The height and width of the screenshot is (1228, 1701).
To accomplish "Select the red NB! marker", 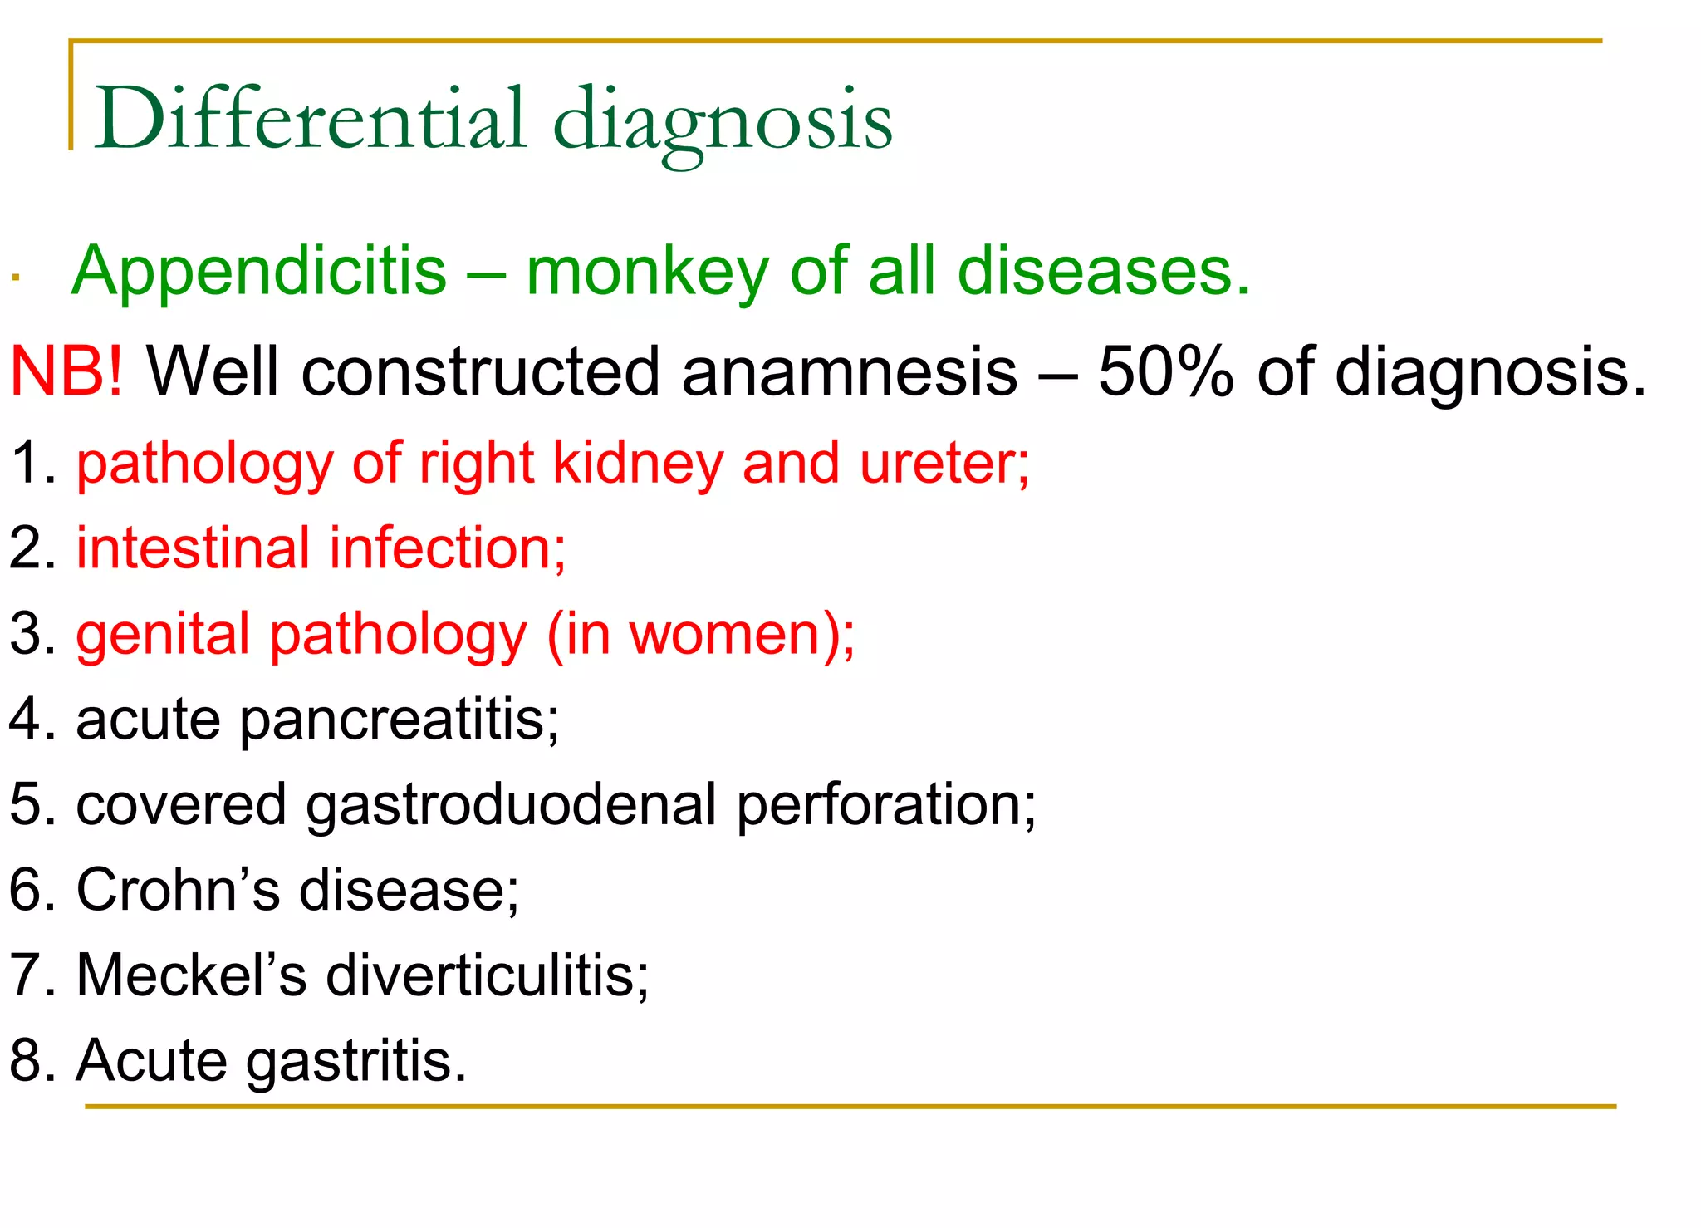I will point(66,371).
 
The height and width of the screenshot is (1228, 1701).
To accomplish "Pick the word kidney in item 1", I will point(638,463).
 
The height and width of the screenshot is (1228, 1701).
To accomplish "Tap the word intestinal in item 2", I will point(194,548).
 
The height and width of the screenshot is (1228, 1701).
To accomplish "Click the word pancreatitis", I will point(400,720).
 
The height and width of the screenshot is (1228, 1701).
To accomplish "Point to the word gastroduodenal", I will point(511,805).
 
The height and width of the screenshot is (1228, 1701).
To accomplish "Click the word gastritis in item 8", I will point(356,1061).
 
